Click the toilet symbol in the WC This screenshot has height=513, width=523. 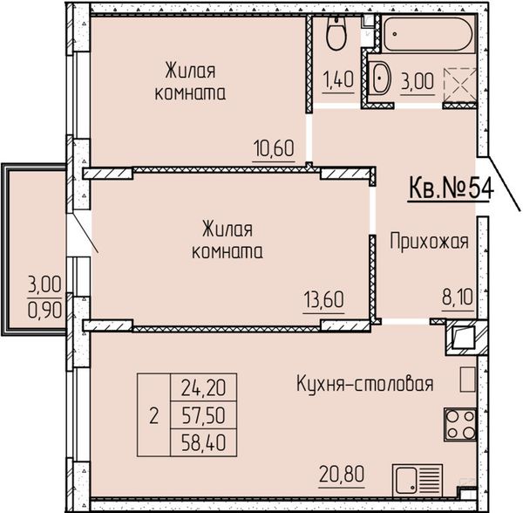pos(336,33)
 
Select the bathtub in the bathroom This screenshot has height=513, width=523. pos(427,34)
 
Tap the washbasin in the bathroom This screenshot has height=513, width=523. pos(381,79)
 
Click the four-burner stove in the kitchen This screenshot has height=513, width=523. pos(460,424)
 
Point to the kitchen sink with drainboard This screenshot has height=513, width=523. pos(418,481)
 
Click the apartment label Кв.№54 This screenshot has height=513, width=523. pos(451,188)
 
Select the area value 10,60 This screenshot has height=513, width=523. pos(274,148)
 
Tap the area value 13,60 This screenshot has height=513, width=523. pos(323,299)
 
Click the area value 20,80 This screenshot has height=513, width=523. pos(342,475)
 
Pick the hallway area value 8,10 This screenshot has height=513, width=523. pos(458,298)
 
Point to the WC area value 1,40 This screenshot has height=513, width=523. pos(338,79)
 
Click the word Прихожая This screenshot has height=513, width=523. pos(429,242)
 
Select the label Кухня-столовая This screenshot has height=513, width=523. pos(365,384)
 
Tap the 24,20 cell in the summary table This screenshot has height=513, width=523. pos(203,388)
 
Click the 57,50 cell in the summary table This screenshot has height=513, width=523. pos(203,415)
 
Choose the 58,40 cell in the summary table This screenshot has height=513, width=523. pos(203,442)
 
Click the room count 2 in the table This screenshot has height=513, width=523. pos(153,416)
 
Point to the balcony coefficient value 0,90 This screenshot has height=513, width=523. pos(44,311)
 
